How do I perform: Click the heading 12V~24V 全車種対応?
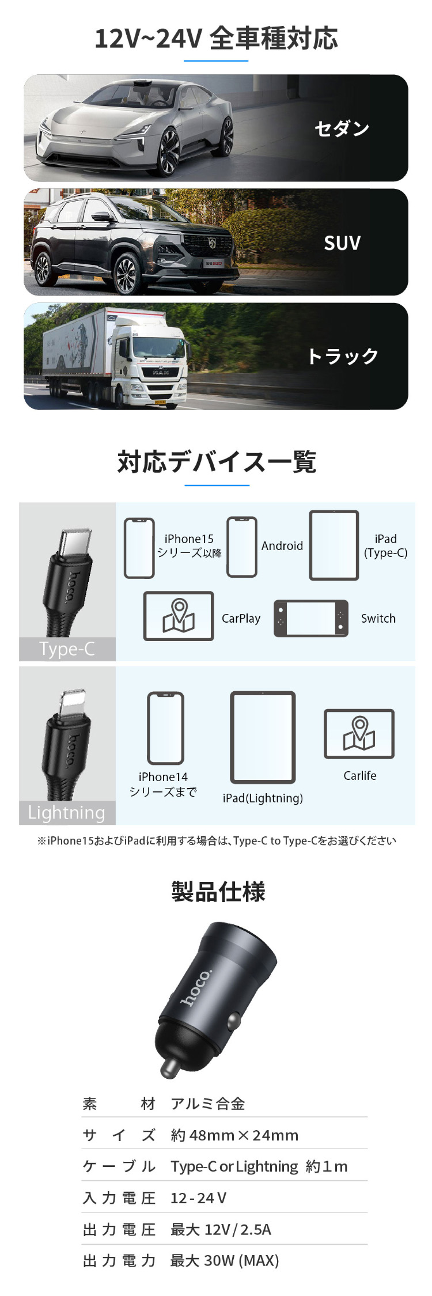tap(216, 39)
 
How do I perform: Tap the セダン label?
tap(342, 128)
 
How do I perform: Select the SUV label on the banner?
tap(342, 243)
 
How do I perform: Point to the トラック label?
tap(343, 357)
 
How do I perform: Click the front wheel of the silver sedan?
tap(169, 151)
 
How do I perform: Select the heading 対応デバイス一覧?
tap(217, 462)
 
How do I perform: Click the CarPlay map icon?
tap(179, 616)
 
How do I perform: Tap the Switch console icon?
tap(311, 619)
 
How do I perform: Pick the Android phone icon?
tap(242, 547)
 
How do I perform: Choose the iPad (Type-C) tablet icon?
tap(334, 545)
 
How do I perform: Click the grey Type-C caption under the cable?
tap(67, 649)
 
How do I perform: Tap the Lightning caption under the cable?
tap(67, 813)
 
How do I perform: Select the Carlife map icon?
tap(359, 734)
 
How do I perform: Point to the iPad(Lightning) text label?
tap(263, 798)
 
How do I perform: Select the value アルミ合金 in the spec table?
tap(208, 1104)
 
